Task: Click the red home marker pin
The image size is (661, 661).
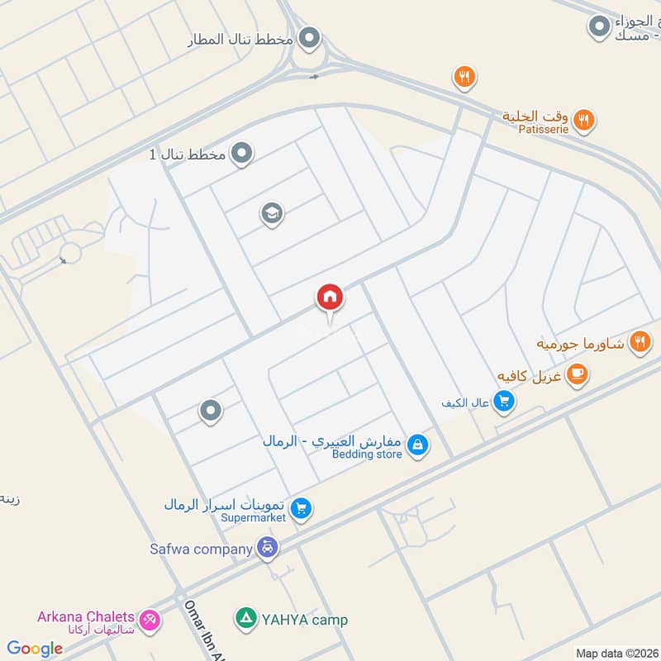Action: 330,297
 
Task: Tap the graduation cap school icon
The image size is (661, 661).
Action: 272,214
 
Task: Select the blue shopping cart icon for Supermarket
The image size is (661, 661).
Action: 302,509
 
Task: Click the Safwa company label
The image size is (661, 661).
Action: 201,549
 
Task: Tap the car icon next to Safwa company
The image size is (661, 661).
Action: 267,547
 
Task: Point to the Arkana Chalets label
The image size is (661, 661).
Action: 85,616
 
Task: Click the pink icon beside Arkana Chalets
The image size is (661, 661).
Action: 150,619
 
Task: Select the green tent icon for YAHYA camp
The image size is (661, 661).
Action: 245,618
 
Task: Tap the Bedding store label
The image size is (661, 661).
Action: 367,454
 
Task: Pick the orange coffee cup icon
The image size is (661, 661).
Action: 577,375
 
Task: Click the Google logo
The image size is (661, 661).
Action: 35,649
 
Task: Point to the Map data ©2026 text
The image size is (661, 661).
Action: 617,654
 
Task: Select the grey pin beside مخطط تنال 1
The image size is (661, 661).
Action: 241,154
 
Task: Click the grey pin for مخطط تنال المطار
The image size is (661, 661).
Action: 309,38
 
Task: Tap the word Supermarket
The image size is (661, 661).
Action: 248,518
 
